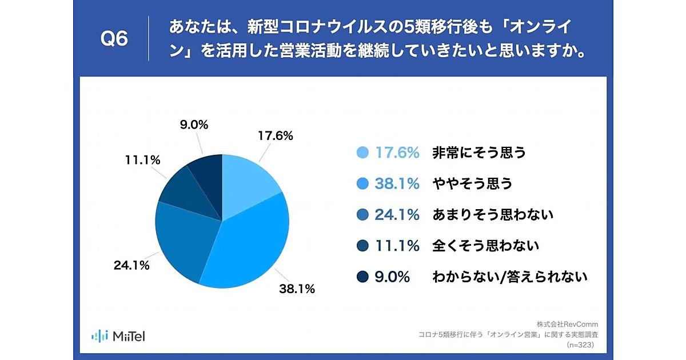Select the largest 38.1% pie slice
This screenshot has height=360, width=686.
click(249, 246)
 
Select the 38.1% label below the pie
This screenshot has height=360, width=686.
click(296, 289)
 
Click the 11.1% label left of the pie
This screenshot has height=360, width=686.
click(142, 161)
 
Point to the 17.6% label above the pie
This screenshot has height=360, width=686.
click(275, 136)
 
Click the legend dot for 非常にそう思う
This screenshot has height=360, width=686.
click(362, 153)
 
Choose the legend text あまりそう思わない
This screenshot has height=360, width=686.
click(493, 215)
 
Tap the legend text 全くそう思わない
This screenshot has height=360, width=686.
click(486, 246)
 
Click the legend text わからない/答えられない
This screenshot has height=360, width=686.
click(510, 277)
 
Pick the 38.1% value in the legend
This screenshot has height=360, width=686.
click(397, 184)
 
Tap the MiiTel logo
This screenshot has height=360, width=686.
click(118, 335)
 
